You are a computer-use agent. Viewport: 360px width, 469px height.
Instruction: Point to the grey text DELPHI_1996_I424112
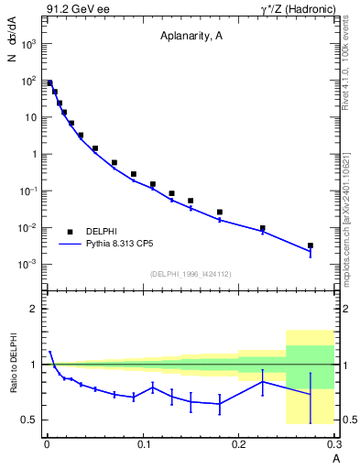point(191,273)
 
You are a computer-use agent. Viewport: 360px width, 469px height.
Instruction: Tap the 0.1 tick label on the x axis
point(142,444)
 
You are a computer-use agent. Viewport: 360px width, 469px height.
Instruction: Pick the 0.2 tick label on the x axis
point(239,444)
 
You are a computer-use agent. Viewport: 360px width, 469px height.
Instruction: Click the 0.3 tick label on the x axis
point(334,444)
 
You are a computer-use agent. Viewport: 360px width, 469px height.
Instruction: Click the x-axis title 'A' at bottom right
point(336,457)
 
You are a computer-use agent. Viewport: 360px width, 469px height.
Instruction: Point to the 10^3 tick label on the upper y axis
point(27,44)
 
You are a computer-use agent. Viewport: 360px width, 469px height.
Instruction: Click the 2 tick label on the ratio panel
point(33,309)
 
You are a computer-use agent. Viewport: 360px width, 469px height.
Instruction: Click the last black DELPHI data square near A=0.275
point(311,245)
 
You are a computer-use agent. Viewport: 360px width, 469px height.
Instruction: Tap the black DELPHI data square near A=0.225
point(263,228)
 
